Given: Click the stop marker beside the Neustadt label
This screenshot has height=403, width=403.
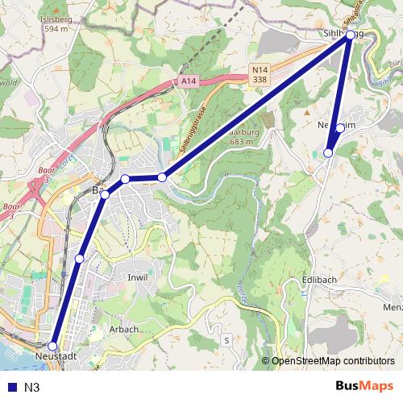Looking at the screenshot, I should click(x=53, y=346).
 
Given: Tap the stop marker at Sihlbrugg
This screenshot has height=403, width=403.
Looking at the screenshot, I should click(x=350, y=35).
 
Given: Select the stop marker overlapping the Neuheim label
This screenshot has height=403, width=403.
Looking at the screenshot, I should click(x=340, y=128).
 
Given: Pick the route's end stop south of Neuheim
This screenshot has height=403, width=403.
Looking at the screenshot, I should click(x=328, y=152).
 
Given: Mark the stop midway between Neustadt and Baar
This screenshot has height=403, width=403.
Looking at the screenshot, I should click(x=79, y=258).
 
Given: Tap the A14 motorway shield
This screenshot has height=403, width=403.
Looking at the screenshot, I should click(x=189, y=81).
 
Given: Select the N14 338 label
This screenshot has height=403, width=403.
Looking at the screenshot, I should click(x=259, y=75).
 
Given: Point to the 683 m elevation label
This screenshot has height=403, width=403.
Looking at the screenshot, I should click(x=241, y=142).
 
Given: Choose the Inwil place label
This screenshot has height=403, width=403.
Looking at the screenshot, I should click(x=138, y=277).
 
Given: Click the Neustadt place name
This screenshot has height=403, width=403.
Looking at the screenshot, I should click(x=56, y=356).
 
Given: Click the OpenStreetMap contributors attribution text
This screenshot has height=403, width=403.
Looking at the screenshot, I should click(x=332, y=361).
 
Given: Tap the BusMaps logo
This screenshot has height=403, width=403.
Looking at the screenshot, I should click(x=364, y=386).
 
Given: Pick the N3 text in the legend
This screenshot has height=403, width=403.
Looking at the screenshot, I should click(x=32, y=388).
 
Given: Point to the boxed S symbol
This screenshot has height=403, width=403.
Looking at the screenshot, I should click(x=227, y=340).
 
